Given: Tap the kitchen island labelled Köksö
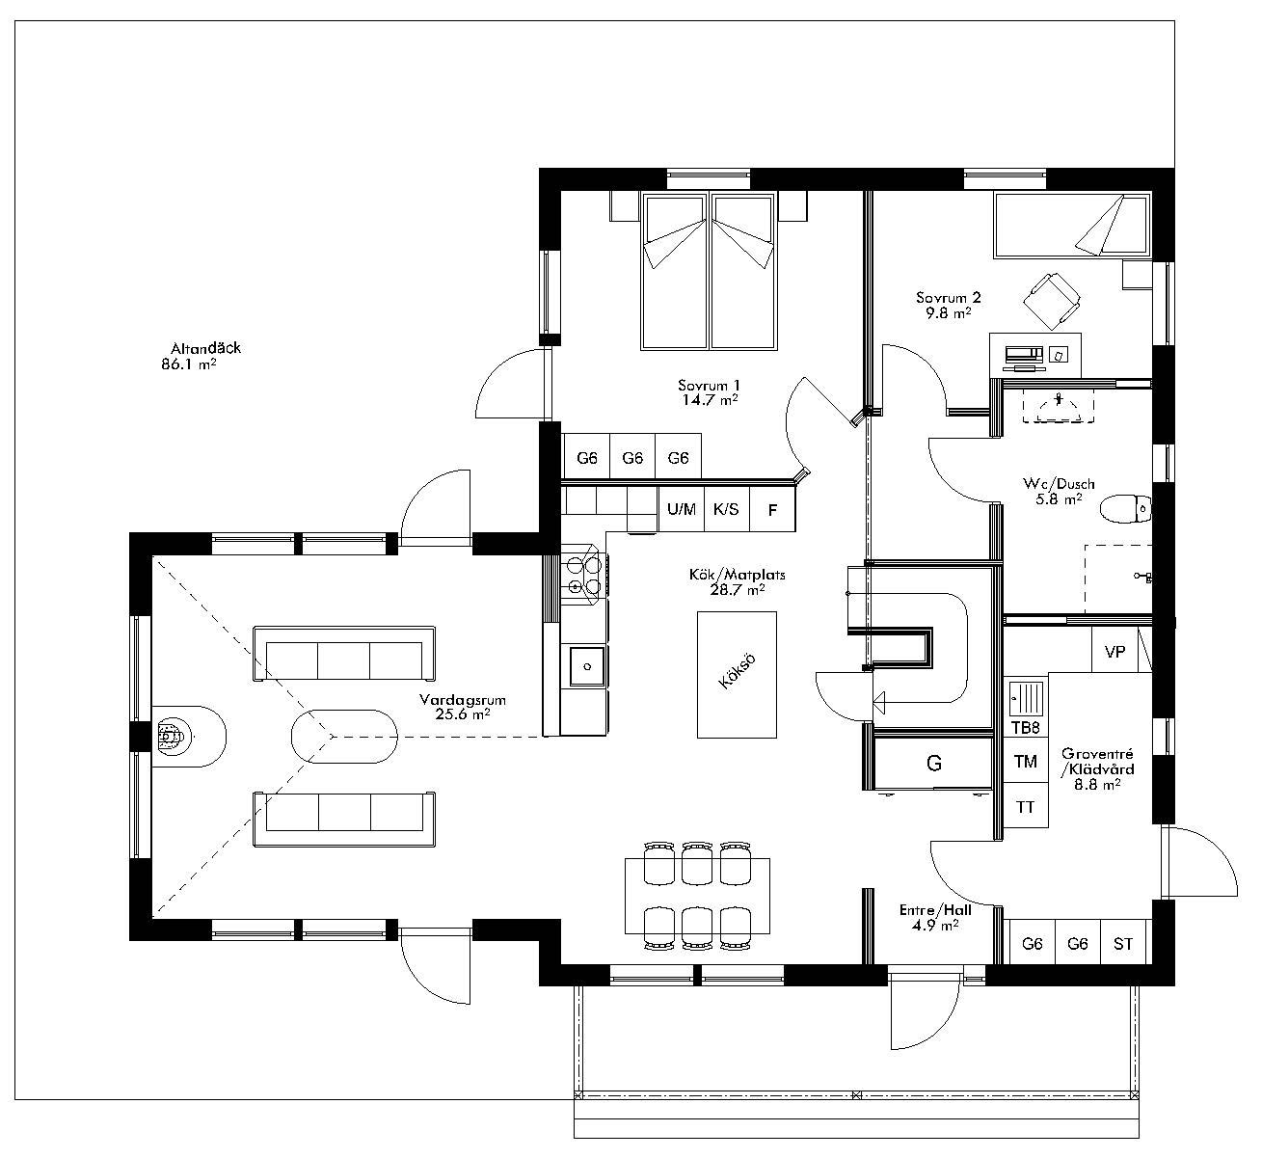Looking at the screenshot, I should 737,674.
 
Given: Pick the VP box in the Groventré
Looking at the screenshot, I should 1114,652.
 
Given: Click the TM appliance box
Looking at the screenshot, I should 1025,762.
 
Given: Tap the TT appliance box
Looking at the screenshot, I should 1025,806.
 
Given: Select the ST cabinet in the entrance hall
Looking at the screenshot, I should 1123,944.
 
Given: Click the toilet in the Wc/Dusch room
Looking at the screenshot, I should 1126,507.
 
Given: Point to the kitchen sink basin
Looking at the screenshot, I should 585,664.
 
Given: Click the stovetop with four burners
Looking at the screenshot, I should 584,576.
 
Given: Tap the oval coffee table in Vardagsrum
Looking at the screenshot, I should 343,738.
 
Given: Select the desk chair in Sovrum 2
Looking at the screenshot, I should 1049,298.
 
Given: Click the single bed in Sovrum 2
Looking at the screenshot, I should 1071,227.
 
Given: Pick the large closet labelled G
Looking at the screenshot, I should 933,764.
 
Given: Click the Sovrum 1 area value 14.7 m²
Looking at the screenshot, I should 709,398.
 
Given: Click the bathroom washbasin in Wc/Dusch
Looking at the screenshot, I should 1059,406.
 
